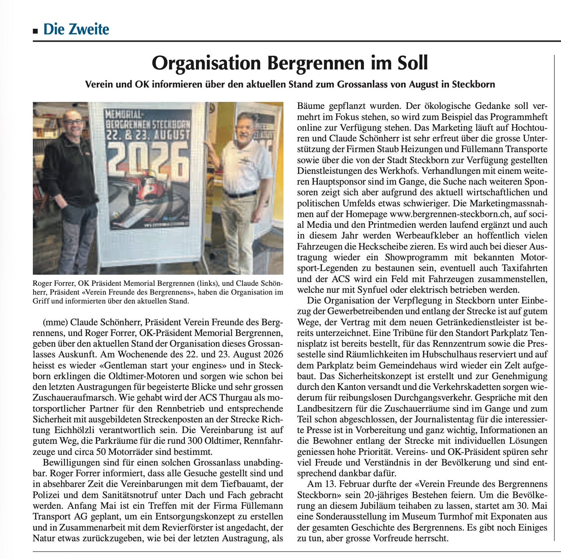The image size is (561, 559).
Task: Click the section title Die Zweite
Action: coord(76,29)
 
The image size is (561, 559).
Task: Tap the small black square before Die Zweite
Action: coord(35,31)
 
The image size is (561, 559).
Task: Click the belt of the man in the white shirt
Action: coord(240,193)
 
